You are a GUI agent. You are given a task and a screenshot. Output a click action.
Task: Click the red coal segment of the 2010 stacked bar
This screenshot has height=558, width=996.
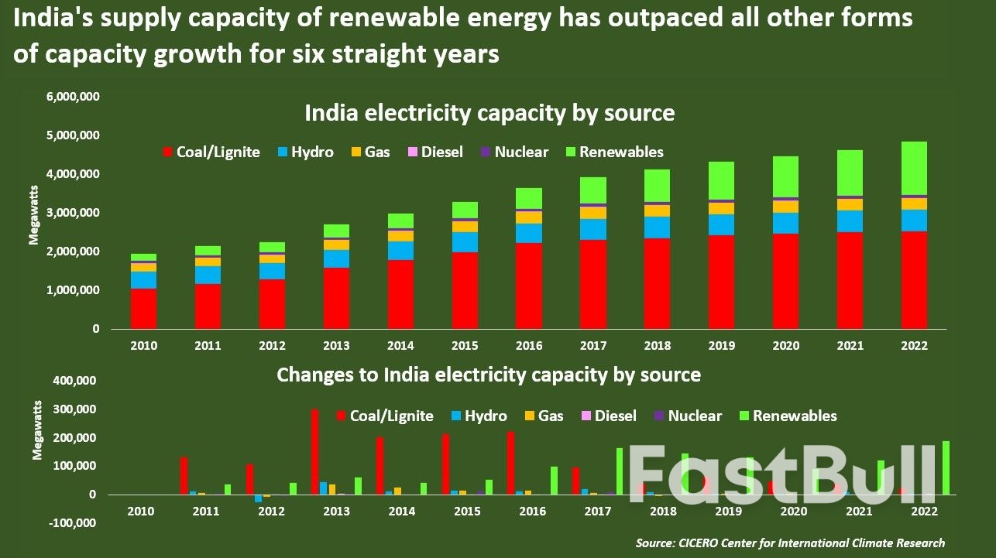(143, 309)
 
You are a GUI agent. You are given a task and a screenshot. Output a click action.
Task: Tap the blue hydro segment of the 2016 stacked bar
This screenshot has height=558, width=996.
(530, 233)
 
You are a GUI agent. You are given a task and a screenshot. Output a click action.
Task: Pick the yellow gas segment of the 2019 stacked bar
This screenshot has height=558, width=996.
(721, 208)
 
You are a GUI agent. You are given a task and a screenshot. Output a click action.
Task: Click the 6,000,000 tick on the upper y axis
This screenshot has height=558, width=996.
(74, 97)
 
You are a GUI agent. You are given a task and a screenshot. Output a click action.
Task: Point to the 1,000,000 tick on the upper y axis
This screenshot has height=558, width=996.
(74, 290)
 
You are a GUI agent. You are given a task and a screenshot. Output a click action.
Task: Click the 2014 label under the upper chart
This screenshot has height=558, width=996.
(401, 345)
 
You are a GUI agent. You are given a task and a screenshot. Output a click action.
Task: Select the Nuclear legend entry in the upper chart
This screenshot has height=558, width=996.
(514, 152)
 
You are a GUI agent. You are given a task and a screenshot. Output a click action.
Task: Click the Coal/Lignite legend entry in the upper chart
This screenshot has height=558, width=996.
(211, 152)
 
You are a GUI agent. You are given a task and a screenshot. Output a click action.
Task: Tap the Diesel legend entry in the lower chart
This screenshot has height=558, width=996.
(609, 416)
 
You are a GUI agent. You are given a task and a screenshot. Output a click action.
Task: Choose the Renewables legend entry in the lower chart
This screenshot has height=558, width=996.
(787, 416)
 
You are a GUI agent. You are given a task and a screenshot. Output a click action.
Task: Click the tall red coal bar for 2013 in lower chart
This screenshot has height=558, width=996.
(314, 452)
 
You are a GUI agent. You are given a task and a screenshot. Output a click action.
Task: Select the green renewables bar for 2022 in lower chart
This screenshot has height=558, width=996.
(946, 467)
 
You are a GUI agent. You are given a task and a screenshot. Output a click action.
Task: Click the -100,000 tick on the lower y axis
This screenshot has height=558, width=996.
(72, 523)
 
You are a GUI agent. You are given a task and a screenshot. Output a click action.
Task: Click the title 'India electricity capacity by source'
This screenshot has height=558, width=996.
(489, 113)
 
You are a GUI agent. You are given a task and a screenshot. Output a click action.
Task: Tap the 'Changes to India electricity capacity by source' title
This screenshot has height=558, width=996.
(489, 375)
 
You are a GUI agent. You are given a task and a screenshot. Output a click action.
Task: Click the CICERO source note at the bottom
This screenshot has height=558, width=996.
(790, 543)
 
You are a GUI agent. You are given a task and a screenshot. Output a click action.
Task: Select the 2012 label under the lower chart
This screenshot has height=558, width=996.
(270, 512)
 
